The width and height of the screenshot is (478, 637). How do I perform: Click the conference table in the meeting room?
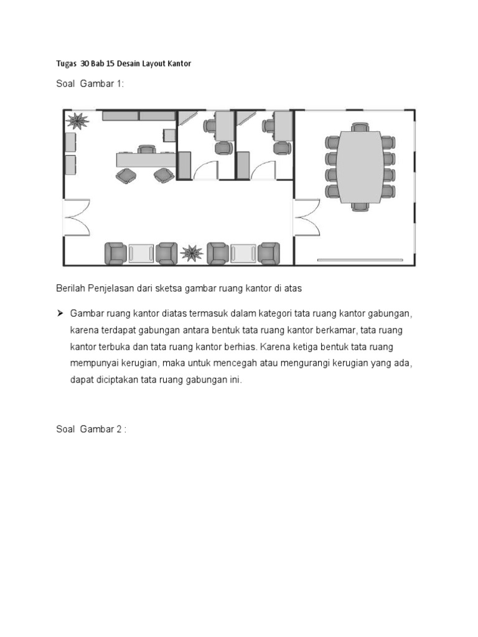pyautogui.click(x=360, y=166)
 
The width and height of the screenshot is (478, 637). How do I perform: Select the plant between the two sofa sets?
pyautogui.click(x=192, y=252)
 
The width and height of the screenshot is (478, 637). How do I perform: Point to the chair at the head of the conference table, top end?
pyautogui.click(x=360, y=128)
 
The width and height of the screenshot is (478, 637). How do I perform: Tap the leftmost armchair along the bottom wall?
pyautogui.click(x=115, y=253)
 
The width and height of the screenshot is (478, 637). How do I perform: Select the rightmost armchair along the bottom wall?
pyautogui.click(x=269, y=253)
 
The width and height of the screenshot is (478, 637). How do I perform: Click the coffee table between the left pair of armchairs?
pyautogui.click(x=141, y=253)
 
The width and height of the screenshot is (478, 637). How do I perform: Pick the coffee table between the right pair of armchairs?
pyautogui.click(x=243, y=253)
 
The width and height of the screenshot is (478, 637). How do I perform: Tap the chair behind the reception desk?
pyautogui.click(x=147, y=149)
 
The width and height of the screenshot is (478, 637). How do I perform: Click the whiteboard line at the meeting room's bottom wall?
pyautogui.click(x=360, y=259)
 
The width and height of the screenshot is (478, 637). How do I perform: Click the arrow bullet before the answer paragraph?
pyautogui.click(x=61, y=312)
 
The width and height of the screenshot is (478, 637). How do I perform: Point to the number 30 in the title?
pyautogui.click(x=85, y=64)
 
